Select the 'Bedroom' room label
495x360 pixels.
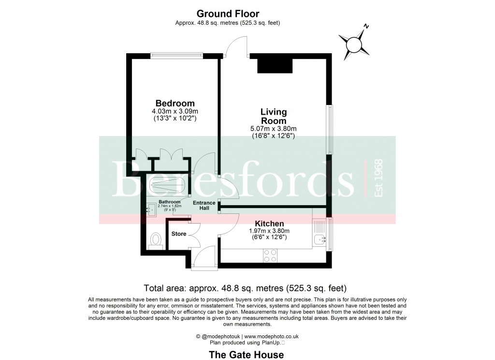(x=175, y=103)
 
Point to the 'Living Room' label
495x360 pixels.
(x=274, y=117)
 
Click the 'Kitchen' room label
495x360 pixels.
(x=269, y=224)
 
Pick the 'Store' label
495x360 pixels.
(x=179, y=234)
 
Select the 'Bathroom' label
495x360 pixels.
(x=169, y=202)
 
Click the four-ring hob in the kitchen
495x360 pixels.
(x=270, y=255)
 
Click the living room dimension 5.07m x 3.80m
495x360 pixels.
(x=274, y=129)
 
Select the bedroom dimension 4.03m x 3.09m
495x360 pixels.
(x=175, y=111)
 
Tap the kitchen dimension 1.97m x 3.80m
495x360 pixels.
(x=269, y=231)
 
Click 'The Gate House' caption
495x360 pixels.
(x=246, y=355)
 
